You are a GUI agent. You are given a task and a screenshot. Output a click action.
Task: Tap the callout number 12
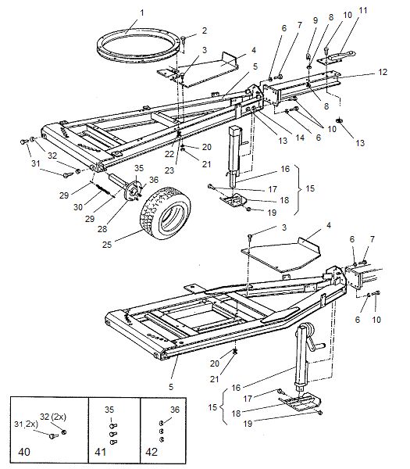coord(382,72)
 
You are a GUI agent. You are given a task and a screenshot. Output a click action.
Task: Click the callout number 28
coord(102,229)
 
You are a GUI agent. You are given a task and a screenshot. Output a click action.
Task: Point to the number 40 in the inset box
coord(24,451)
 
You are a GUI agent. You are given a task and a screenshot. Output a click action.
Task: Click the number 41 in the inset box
coord(101,451)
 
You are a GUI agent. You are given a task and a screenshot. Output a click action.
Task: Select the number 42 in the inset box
coord(152,451)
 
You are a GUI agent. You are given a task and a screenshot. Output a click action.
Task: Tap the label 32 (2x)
coord(53,417)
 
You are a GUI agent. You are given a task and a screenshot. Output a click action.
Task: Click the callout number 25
coord(107,245)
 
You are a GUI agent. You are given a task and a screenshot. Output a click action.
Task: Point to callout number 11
coord(362,11)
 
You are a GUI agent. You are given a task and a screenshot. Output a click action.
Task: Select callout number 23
coord(169,170)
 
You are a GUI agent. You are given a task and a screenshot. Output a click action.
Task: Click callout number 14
coord(300,138)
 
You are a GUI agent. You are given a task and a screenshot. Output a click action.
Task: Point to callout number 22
coord(169,154)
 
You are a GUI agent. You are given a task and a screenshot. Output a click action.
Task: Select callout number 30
coord(78,207)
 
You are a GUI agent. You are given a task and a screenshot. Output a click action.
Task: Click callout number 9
coord(315,20)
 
